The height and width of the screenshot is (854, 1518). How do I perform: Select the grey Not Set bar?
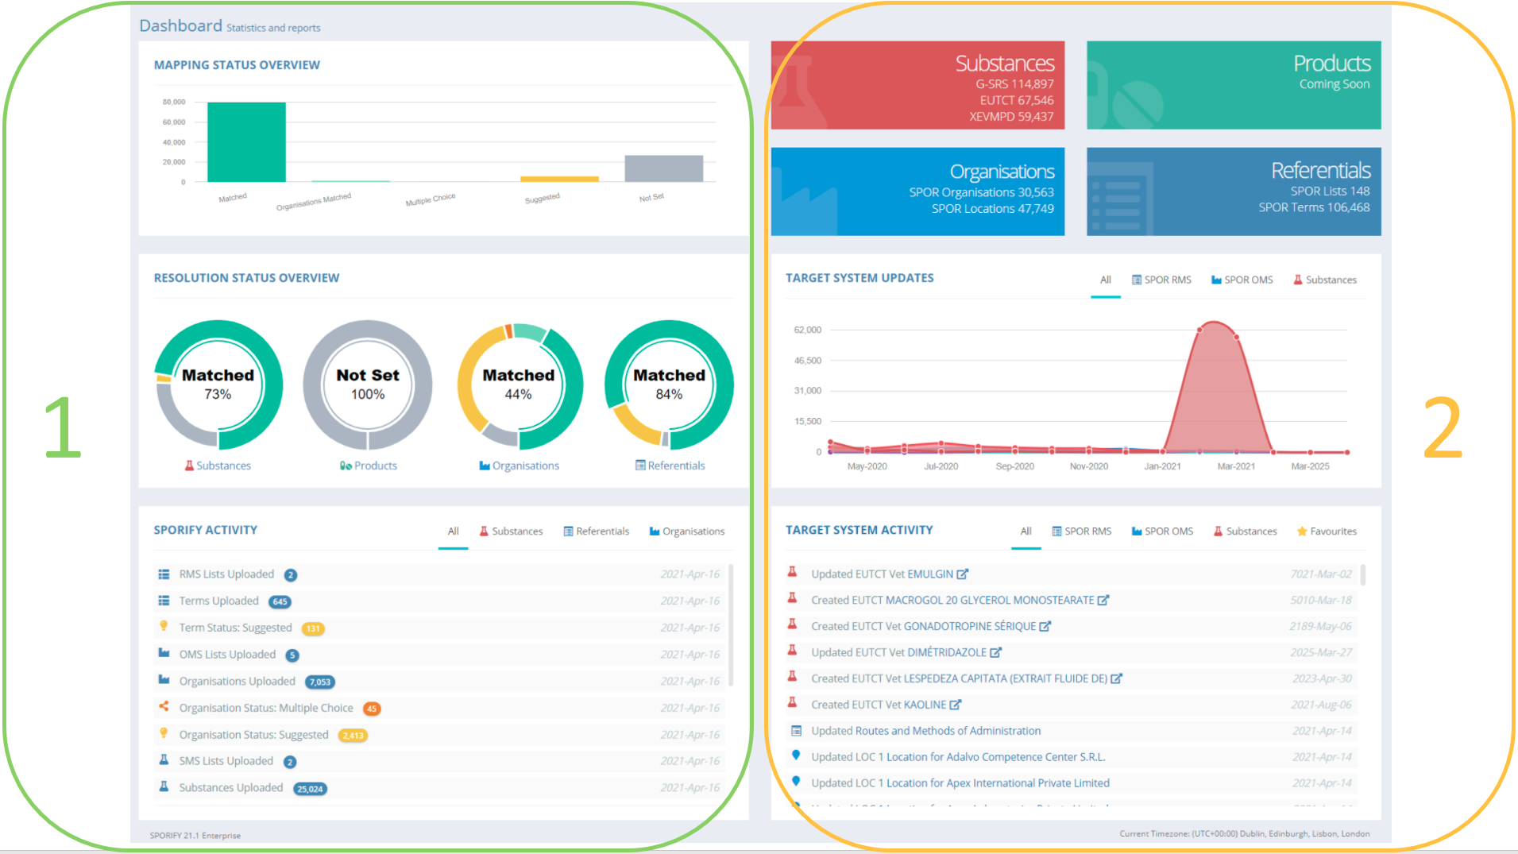pos(663,168)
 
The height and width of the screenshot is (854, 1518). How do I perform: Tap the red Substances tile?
pos(917,85)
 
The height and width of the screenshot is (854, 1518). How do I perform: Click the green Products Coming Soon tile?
pos(1233,85)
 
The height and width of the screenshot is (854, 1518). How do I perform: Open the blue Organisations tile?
pos(917,191)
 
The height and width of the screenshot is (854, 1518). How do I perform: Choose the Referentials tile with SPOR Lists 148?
pos(1233,191)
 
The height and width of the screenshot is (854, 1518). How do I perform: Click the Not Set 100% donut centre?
pos(368,384)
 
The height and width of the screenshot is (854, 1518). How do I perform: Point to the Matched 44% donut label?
pos(518,384)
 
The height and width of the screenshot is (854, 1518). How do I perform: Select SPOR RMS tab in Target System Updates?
pos(1161,280)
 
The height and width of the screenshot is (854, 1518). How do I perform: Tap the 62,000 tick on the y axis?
pos(807,330)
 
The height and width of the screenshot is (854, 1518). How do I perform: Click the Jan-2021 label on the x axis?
pos(1162,466)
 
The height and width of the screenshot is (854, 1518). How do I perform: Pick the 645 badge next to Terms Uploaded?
pos(280,602)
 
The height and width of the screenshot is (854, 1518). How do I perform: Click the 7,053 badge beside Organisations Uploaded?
pos(320,682)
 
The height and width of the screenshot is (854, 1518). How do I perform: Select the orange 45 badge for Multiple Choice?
pos(371,709)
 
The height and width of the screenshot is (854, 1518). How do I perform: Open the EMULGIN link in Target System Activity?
pos(930,574)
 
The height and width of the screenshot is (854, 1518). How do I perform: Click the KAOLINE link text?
pos(925,705)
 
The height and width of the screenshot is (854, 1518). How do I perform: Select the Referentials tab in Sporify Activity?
pos(597,531)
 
